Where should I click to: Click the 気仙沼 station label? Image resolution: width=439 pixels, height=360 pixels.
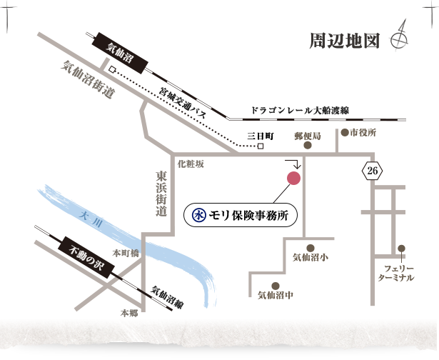tap(119, 53)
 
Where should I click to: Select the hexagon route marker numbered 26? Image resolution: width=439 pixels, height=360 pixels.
tap(371, 171)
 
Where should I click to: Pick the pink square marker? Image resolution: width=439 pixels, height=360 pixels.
tap(293, 177)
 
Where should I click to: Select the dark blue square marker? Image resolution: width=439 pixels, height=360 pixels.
tap(199, 214)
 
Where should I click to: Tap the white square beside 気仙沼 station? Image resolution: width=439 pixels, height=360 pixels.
tap(111, 70)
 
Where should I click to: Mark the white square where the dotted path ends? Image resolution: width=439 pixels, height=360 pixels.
tap(261, 146)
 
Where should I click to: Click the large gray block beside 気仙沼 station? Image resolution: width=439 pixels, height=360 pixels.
tap(91, 84)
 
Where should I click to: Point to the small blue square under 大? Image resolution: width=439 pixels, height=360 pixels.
tap(86, 223)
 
